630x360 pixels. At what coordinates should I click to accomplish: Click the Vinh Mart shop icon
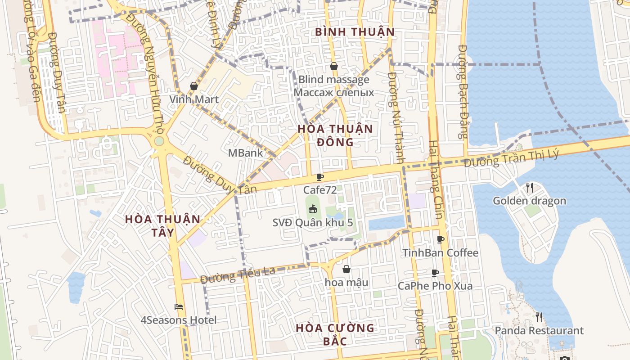click(x=194, y=85)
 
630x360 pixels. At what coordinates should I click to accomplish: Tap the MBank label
click(x=245, y=153)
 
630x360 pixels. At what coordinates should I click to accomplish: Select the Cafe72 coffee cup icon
click(x=319, y=177)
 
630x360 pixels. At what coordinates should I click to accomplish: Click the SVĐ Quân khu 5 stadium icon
click(x=312, y=209)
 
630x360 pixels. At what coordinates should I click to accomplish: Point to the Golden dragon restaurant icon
click(x=530, y=187)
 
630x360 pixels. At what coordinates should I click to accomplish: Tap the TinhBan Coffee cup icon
click(x=440, y=239)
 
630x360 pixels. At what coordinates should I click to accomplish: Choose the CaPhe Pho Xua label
click(x=435, y=286)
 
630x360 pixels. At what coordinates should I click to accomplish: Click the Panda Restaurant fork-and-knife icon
click(x=539, y=317)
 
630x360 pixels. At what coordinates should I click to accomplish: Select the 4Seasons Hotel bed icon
click(x=179, y=307)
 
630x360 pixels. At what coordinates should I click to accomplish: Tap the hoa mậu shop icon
click(x=346, y=269)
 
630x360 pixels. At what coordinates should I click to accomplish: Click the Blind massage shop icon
click(x=334, y=66)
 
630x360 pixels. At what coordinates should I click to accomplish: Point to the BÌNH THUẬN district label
click(x=355, y=32)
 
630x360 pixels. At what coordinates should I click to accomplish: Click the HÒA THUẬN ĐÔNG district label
click(x=335, y=135)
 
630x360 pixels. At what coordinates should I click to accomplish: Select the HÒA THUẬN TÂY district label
click(x=162, y=225)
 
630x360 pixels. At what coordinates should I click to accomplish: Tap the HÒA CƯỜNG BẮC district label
click(x=335, y=334)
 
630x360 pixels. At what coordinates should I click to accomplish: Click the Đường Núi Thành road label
click(x=396, y=117)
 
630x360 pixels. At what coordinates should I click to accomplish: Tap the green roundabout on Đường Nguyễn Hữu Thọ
click(x=159, y=141)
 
